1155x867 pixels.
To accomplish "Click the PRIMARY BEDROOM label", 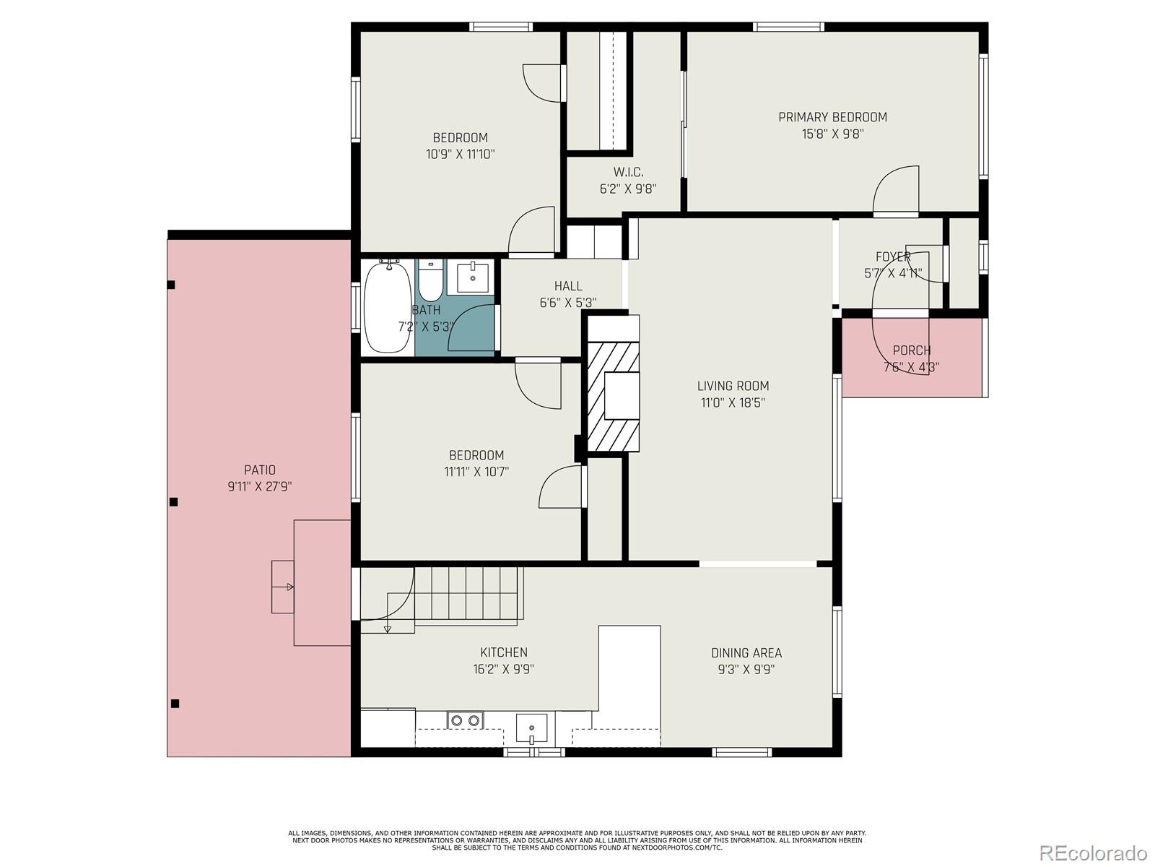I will click(832, 117).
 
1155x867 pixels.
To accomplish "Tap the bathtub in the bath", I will click(388, 307).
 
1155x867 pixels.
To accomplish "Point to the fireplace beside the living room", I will click(613, 396).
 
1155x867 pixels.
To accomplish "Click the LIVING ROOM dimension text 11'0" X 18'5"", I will click(733, 402).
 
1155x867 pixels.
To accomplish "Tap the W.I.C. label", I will click(628, 172).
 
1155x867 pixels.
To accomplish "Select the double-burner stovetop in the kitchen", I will click(466, 720).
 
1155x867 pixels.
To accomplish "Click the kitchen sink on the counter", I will click(531, 727).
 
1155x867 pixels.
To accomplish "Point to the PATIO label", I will click(259, 470).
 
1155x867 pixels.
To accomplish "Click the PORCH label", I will click(911, 350).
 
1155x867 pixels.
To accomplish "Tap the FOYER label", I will click(893, 257).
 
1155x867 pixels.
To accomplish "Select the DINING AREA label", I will click(746, 652).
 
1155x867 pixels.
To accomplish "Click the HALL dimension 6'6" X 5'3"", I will click(568, 303).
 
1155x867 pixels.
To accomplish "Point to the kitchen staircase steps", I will click(466, 592).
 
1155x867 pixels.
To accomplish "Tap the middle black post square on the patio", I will click(173, 501).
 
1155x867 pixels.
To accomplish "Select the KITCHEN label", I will click(503, 652).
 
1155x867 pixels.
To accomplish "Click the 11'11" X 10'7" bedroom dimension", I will click(476, 472).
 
